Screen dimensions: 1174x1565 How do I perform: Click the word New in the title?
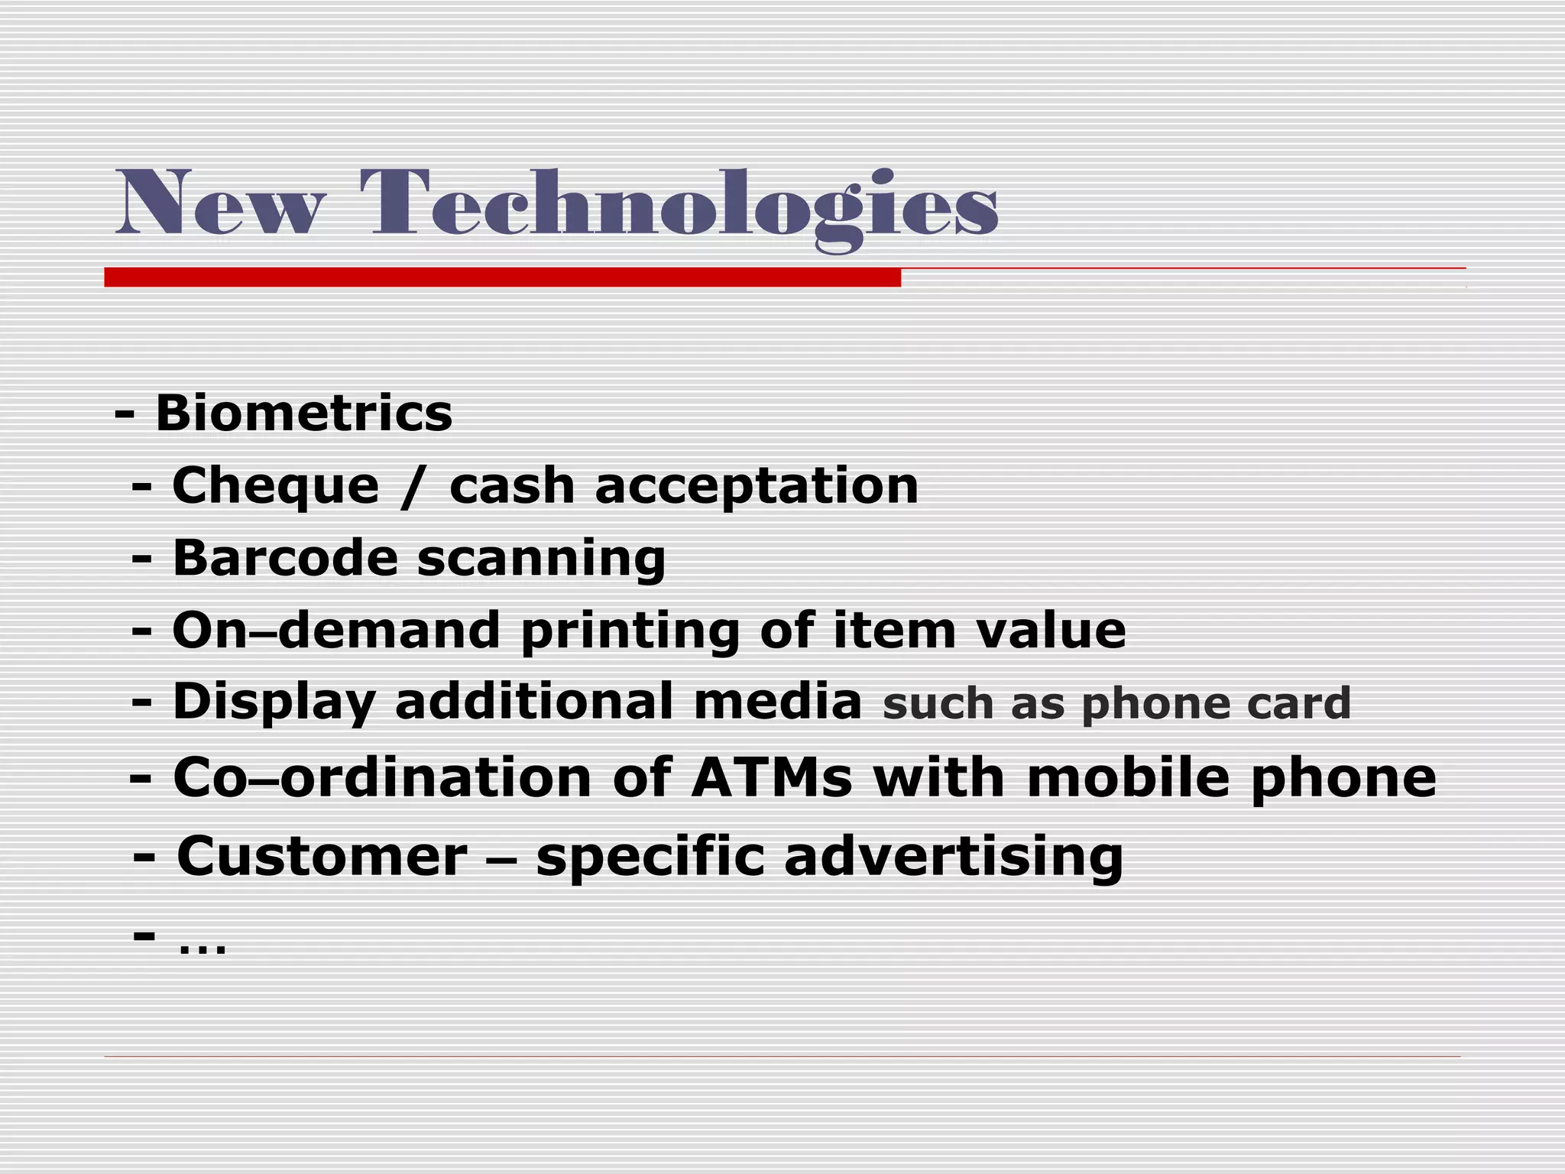pos(220,203)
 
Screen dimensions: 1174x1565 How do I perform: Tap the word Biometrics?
pos(304,413)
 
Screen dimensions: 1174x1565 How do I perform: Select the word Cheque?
pos(276,487)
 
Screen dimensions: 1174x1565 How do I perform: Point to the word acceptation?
pos(757,487)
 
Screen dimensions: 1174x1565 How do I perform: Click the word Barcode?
pos(285,558)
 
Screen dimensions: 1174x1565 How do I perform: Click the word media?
pos(777,702)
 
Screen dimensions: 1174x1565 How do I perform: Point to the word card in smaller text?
pos(1299,703)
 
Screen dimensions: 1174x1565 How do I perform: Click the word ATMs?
pos(771,778)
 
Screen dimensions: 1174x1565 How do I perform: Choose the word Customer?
pos(322,857)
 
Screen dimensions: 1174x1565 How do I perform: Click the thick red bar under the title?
pos(502,277)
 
